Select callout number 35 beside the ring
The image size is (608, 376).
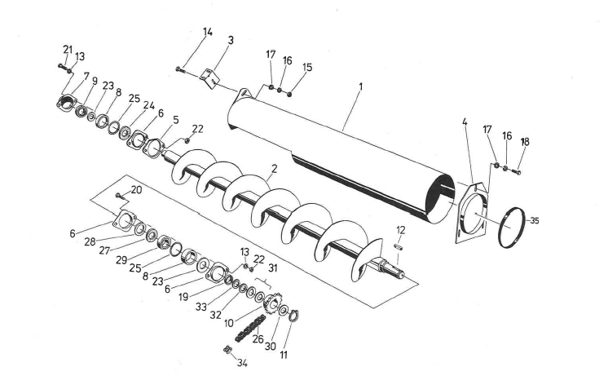pyautogui.click(x=535, y=220)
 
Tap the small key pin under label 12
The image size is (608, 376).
pyautogui.click(x=399, y=246)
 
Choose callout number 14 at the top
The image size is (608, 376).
pyautogui.click(x=208, y=32)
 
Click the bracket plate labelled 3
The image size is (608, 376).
pyautogui.click(x=210, y=77)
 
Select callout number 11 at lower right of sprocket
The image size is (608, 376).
pyautogui.click(x=284, y=356)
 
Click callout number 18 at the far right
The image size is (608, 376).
pyautogui.click(x=525, y=142)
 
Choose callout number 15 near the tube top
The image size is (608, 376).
pyautogui.click(x=307, y=68)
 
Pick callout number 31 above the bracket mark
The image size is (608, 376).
pyautogui.click(x=273, y=268)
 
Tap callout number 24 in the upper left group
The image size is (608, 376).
pyautogui.click(x=149, y=105)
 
